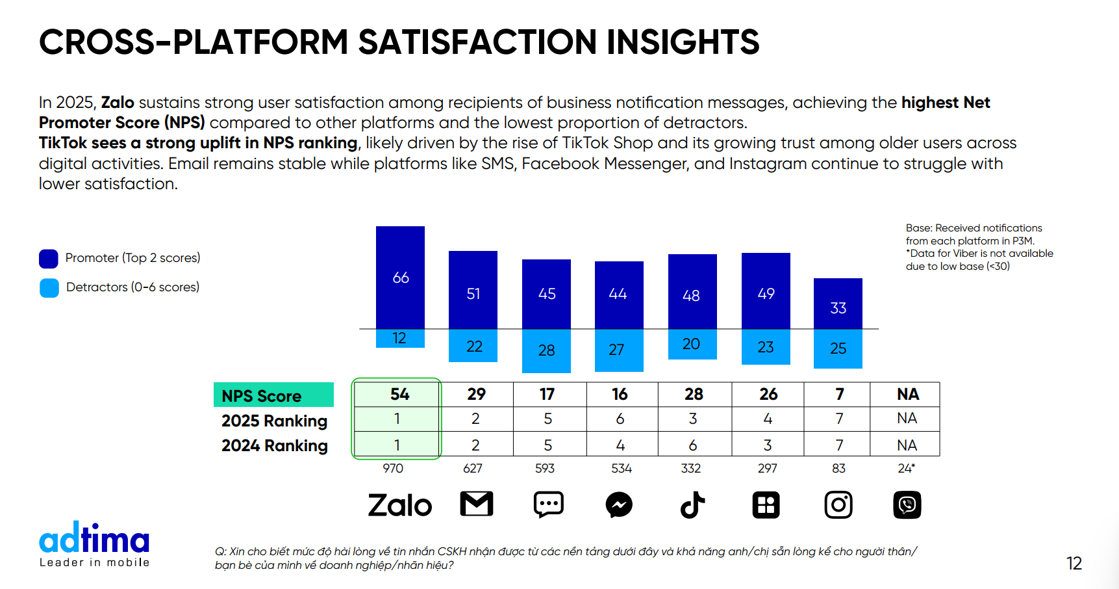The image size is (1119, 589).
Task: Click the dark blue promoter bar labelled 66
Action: coord(400,277)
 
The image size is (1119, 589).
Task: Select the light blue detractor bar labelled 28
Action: coord(546,350)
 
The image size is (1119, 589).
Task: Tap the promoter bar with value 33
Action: coord(838,304)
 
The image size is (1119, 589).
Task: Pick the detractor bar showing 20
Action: coord(692,344)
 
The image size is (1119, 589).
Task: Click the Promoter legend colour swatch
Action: coord(49,259)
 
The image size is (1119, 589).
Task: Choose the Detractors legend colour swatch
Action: coord(49,288)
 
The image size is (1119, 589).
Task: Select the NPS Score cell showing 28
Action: coord(694,394)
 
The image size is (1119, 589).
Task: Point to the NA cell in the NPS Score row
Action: coord(907,394)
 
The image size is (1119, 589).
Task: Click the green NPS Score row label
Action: coord(273,395)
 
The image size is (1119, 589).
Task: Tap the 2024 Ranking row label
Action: coord(274,445)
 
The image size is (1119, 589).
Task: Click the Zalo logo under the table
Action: coord(399,505)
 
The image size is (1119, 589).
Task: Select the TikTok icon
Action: coord(692,505)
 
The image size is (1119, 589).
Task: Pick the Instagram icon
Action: coord(838,505)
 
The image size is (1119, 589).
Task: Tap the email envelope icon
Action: coord(477,504)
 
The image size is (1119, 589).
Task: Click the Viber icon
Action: coord(907,505)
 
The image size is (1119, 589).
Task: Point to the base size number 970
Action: coord(393,468)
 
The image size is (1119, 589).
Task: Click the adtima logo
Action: coord(94,543)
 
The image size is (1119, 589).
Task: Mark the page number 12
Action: coord(1074,563)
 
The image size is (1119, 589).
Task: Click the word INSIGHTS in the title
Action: coord(683,42)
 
